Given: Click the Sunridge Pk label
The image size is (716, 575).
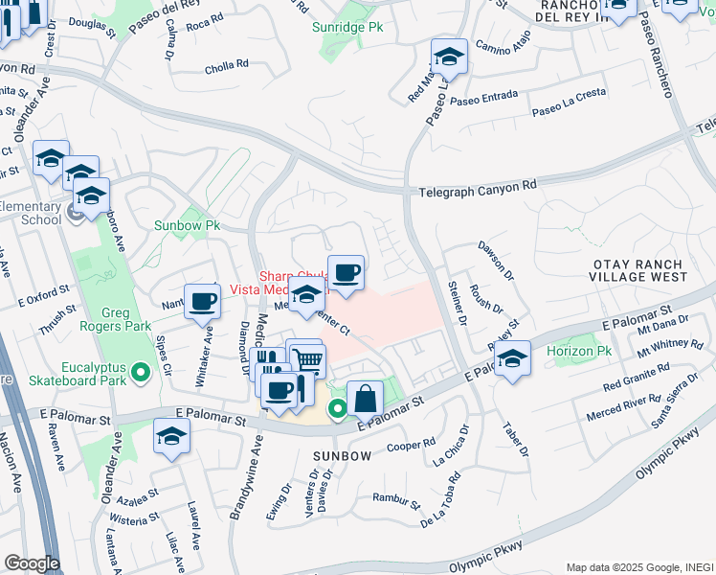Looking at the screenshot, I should [x=347, y=27].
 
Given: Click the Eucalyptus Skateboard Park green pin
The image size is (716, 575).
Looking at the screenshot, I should [x=142, y=371].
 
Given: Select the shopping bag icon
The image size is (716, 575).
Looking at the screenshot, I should [x=365, y=398].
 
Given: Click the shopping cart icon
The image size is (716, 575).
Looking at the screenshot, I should [x=308, y=360].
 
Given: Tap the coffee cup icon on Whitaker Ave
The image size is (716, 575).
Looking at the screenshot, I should [x=202, y=302].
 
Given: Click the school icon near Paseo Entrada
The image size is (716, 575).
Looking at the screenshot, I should [x=448, y=57].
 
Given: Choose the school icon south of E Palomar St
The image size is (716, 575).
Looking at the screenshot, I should [x=171, y=437].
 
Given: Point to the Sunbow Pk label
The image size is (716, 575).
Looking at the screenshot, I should [x=188, y=226].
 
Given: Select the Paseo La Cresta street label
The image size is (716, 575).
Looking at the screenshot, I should [x=569, y=111].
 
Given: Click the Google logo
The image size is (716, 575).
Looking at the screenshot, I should [x=31, y=563].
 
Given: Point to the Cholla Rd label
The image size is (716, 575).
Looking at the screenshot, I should [x=227, y=66].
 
